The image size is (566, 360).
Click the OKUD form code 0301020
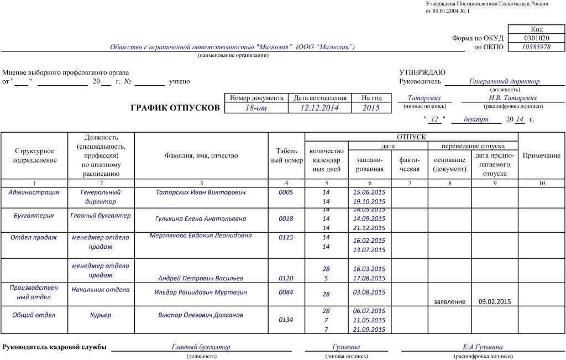coord(536,38)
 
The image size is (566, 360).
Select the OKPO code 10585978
coord(536,47)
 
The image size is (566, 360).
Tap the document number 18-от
coord(255,108)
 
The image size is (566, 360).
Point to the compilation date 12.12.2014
coord(319,108)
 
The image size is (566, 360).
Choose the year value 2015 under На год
coord(371,108)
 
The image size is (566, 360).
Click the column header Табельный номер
coord(286,155)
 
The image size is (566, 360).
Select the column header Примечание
coord(541,155)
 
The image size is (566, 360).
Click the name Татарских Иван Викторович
coord(201,192)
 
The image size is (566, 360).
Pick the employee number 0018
coord(286,218)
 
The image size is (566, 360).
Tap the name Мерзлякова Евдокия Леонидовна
coord(201,235)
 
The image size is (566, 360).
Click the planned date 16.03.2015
coord(369,269)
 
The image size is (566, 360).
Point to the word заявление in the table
coord(449,301)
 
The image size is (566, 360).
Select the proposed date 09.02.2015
coord(494,301)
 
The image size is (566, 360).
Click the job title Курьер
coord(101,315)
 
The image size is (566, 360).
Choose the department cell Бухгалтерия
coord(34,216)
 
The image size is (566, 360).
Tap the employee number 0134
coord(286,319)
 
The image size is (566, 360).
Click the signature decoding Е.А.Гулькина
coord(483,347)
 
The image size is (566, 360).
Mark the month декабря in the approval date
coord(475,119)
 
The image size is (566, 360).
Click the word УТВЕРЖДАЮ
coord(422,72)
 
